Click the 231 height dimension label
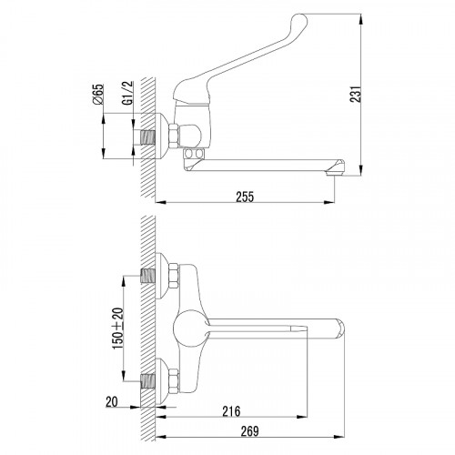tap(356, 95)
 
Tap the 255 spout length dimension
tap(245, 197)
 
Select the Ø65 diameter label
tap(98, 95)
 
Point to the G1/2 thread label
tap(128, 93)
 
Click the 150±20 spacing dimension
tap(118, 329)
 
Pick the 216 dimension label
tap(231, 411)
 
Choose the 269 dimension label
tap(249, 431)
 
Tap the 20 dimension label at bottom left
tap(112, 402)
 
